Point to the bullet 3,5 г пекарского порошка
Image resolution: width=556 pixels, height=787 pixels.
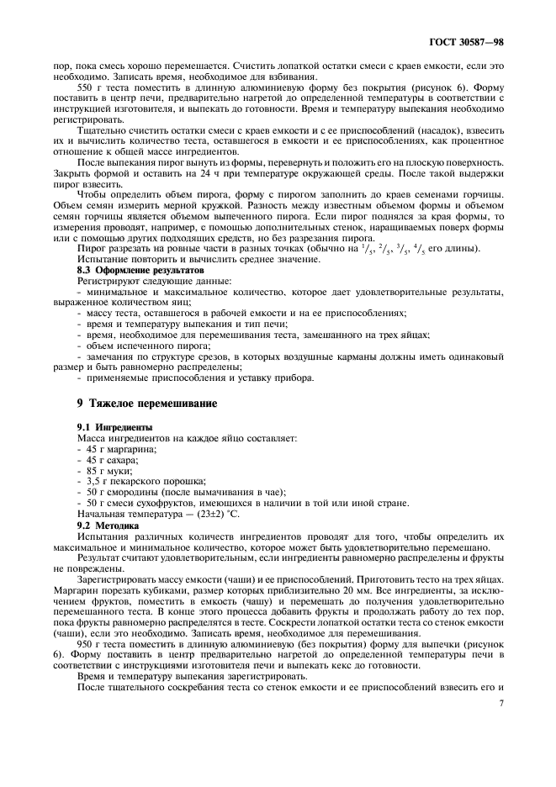(x=137, y=482)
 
